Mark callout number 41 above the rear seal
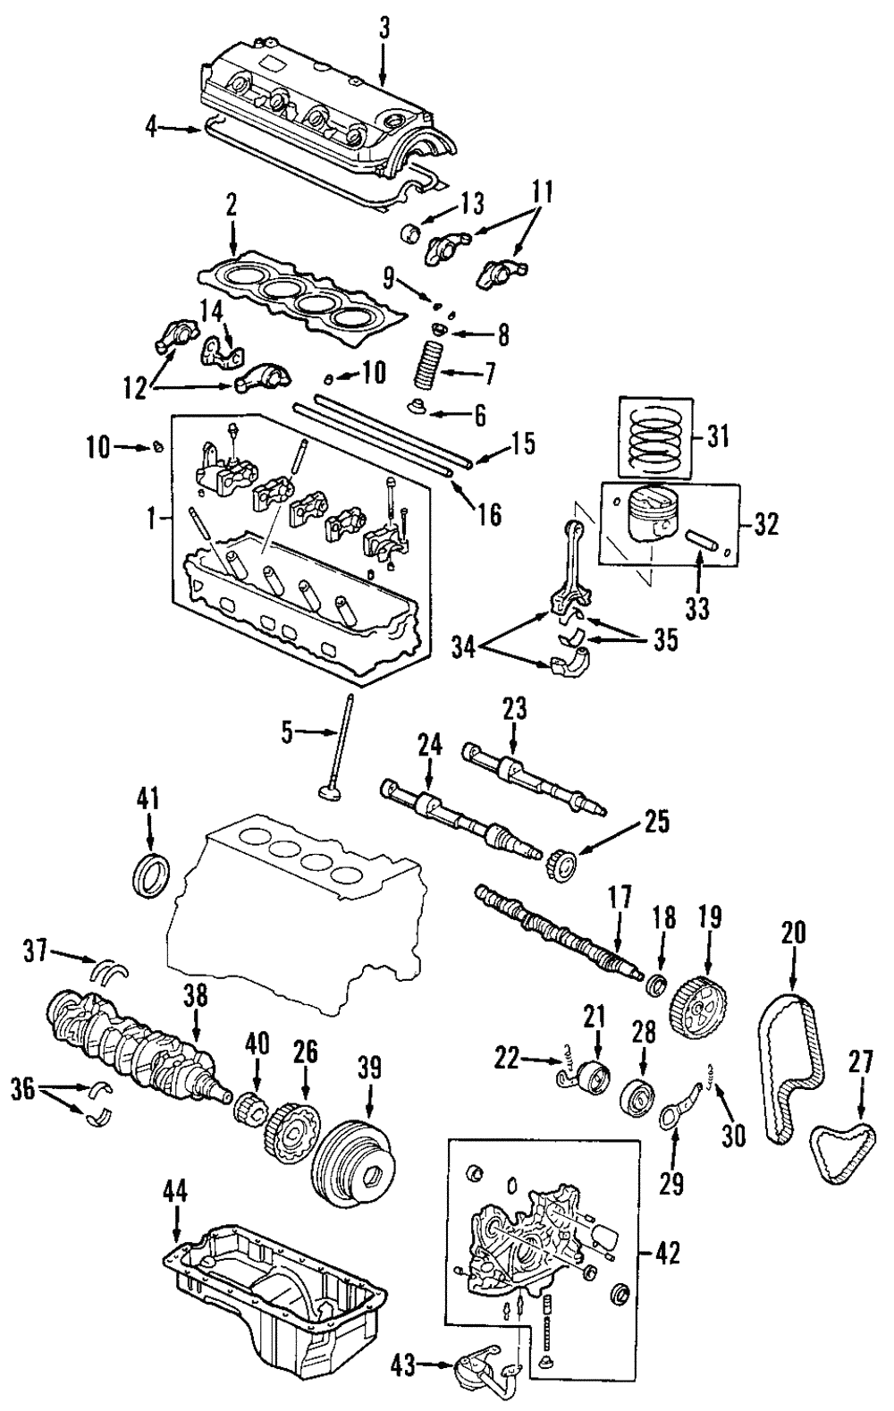pos(148,799)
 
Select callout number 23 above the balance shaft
pos(514,712)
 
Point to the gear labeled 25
pos(564,866)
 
